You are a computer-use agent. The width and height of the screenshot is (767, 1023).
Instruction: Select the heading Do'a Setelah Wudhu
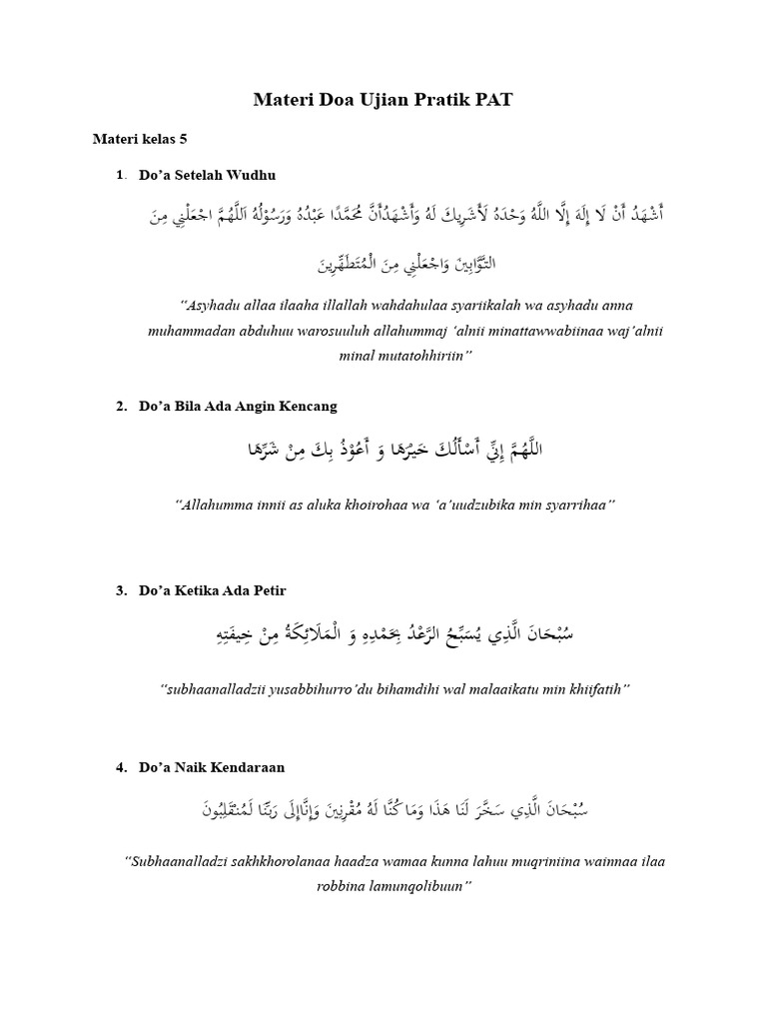[x=207, y=175]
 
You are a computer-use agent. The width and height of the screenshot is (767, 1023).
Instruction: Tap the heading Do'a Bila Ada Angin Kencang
[x=238, y=406]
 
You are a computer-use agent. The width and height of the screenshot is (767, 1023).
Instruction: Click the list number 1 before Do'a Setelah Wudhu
[x=120, y=175]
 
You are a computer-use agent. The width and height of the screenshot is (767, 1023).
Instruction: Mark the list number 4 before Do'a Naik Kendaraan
[x=120, y=767]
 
